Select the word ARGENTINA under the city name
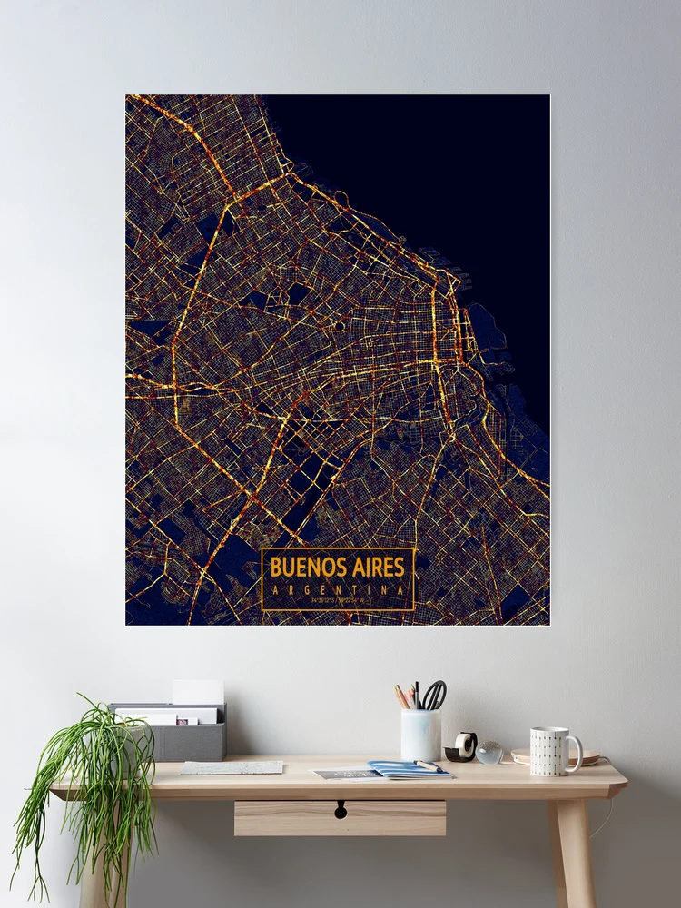[x=337, y=588]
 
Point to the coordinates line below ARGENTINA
[x=337, y=600]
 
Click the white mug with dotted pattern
[x=550, y=751]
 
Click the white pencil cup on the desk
[x=420, y=735]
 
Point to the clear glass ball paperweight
[x=489, y=752]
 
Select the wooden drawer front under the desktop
[x=340, y=817]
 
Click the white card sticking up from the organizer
[x=197, y=692]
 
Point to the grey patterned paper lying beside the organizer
[x=232, y=767]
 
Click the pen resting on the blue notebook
[x=429, y=765]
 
